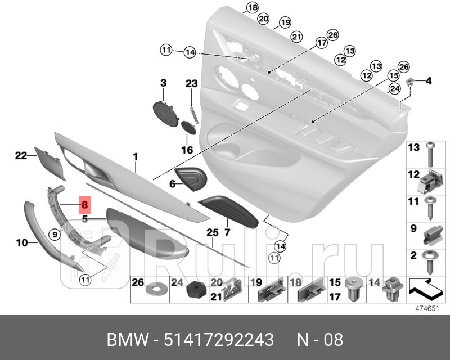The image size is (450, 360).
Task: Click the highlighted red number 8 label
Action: [x=84, y=206]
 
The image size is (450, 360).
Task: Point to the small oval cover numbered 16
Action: [x=188, y=128]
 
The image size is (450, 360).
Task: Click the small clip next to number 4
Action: [x=411, y=82]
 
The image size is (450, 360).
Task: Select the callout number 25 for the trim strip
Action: [x=212, y=232]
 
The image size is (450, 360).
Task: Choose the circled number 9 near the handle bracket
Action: [x=55, y=233]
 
